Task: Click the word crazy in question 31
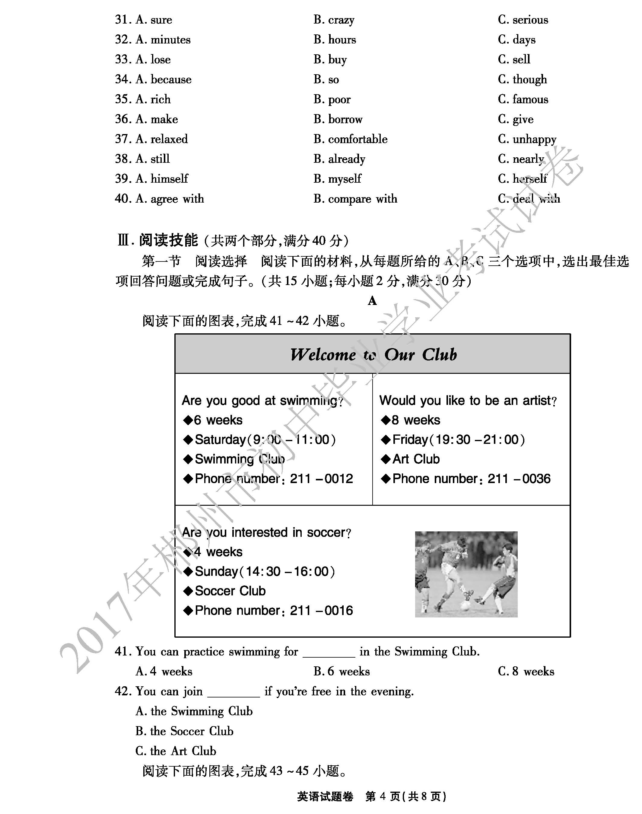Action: pos(341,20)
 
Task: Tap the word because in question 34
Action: pos(171,79)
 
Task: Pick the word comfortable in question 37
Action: pos(358,139)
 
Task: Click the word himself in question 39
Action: pos(169,179)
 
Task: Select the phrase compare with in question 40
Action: pos(362,199)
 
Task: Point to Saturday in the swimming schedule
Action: pos(220,439)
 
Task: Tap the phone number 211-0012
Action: pos(321,479)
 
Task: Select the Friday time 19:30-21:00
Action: pos(477,439)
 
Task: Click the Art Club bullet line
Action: pos(416,459)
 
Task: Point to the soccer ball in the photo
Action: pos(465,606)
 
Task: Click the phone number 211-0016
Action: pos(321,610)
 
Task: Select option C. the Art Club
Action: pos(176,751)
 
